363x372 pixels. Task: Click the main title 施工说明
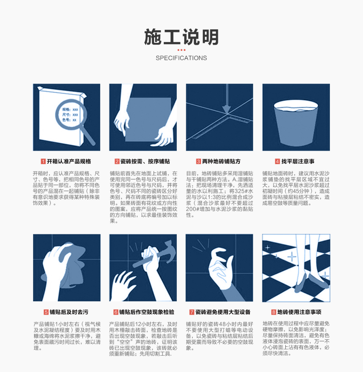point(181,37)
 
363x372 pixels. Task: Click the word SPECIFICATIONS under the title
point(181,58)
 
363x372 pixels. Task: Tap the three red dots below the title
point(181,50)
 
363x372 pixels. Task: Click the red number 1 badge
point(43,162)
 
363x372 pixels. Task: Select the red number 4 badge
point(277,162)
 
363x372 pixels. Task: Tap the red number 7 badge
point(192,312)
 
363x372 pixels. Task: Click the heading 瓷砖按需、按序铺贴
point(145,162)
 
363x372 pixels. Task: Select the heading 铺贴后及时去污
point(69,312)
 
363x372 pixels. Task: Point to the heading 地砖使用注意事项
point(299,312)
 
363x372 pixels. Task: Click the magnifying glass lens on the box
point(71,115)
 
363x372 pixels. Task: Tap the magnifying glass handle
point(89,137)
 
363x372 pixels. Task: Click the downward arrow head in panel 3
point(226,109)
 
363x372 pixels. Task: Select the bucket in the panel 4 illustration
point(296,123)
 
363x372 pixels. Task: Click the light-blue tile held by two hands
point(147,120)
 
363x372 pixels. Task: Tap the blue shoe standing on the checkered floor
point(318,282)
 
